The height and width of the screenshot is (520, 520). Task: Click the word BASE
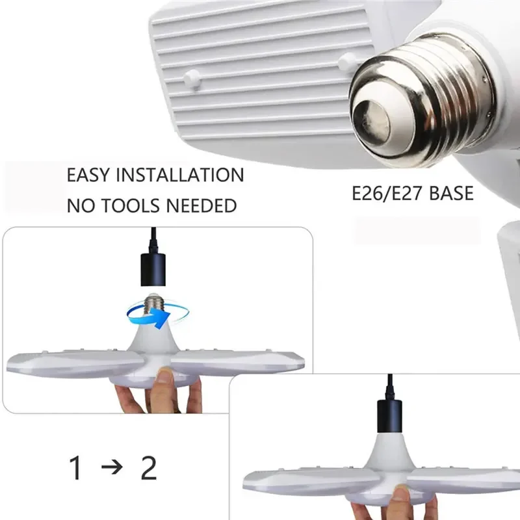coord(450,194)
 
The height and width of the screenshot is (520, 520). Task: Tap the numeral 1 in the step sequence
coord(77,468)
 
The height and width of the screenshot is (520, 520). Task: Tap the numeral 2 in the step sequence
coord(149,468)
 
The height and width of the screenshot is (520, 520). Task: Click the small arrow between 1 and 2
coord(112,468)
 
